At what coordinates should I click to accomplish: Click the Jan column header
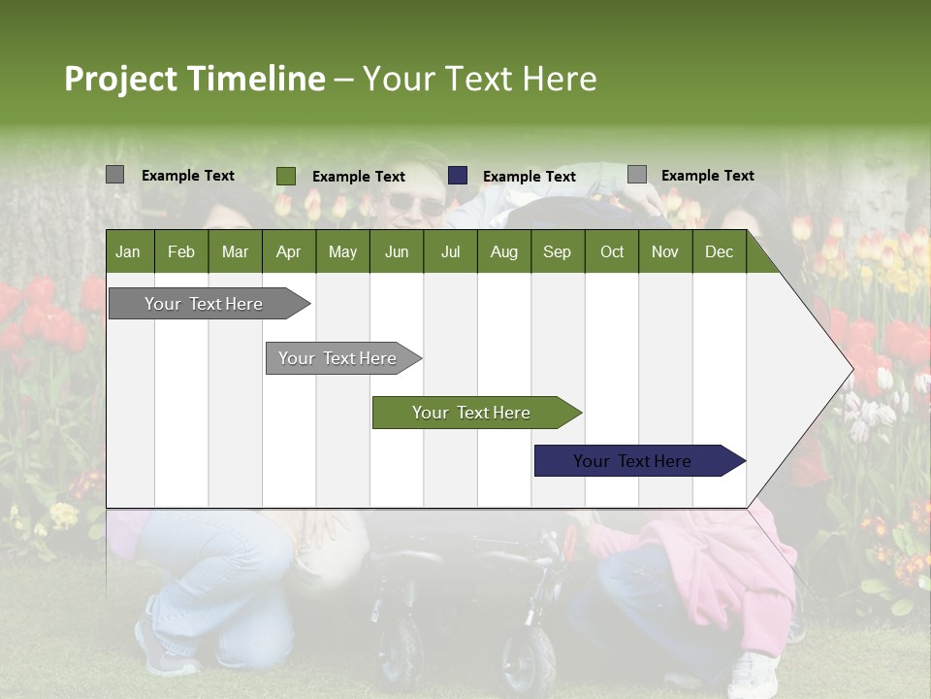pyautogui.click(x=128, y=251)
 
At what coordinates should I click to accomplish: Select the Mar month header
pyautogui.click(x=235, y=251)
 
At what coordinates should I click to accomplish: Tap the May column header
pyautogui.click(x=342, y=251)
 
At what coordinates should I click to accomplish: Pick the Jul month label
pyautogui.click(x=450, y=251)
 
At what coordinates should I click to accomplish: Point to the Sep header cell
pyautogui.click(x=557, y=251)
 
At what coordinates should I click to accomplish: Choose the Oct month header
pyautogui.click(x=612, y=251)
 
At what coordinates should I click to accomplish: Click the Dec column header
pyautogui.click(x=719, y=251)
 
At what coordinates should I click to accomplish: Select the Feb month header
pyautogui.click(x=181, y=251)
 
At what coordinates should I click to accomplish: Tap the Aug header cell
pyautogui.click(x=503, y=251)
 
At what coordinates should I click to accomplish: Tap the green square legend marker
pyautogui.click(x=286, y=176)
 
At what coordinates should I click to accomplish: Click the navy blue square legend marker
pyautogui.click(x=458, y=176)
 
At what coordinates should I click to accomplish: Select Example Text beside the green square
pyautogui.click(x=358, y=177)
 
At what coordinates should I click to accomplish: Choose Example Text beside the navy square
pyautogui.click(x=529, y=177)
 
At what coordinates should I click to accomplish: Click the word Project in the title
pyautogui.click(x=122, y=79)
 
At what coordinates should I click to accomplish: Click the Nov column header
pyautogui.click(x=664, y=251)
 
